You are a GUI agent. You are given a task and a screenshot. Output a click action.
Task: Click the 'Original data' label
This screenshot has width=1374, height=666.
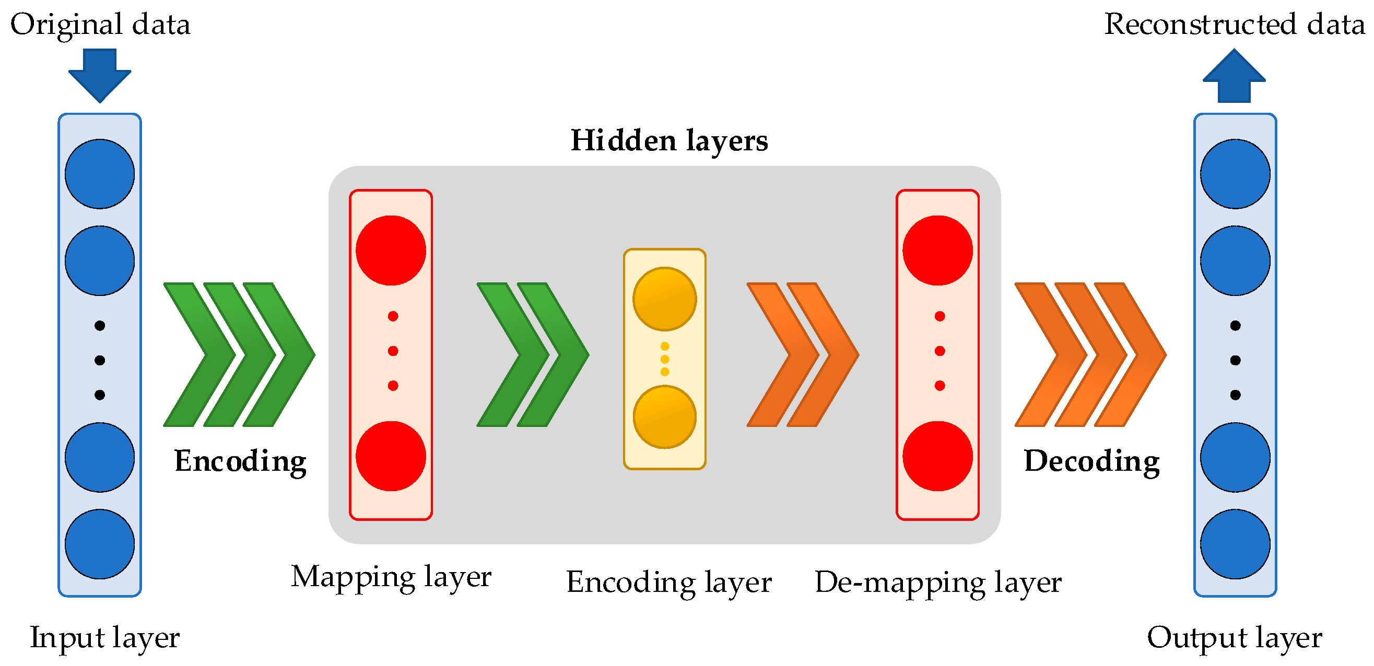click(100, 25)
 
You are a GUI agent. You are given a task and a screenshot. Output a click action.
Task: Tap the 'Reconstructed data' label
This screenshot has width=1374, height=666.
click(1234, 25)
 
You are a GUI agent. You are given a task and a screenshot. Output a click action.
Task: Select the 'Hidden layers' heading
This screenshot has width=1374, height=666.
click(669, 141)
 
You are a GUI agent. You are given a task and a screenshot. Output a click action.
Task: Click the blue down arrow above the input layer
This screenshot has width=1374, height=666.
click(100, 75)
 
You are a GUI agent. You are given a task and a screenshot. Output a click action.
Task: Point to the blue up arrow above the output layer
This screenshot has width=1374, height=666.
click(1234, 76)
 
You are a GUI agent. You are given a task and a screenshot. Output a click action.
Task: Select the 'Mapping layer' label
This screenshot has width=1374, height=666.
click(391, 577)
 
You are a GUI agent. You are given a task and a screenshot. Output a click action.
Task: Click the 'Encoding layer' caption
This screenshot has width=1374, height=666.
click(668, 582)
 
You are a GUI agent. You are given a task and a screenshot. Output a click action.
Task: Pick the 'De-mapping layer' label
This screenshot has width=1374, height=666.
click(938, 582)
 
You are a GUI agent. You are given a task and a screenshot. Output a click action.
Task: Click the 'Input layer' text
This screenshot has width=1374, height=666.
click(104, 638)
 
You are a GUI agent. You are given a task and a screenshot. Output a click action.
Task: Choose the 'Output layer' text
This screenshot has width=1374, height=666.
click(1234, 638)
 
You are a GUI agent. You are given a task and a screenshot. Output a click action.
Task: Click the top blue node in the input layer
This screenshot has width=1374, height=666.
click(100, 174)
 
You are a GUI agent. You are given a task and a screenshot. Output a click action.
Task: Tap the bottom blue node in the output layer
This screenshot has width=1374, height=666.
click(1235, 544)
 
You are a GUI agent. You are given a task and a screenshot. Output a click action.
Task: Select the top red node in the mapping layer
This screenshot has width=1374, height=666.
click(391, 250)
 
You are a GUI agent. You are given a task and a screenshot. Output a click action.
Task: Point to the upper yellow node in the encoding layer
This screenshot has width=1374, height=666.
click(665, 299)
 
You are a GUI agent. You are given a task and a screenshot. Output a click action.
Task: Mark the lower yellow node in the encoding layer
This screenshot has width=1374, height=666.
click(665, 417)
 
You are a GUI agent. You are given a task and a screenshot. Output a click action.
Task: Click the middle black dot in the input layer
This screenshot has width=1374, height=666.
click(100, 361)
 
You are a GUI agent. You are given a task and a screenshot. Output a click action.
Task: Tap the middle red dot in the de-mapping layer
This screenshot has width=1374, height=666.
click(940, 351)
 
